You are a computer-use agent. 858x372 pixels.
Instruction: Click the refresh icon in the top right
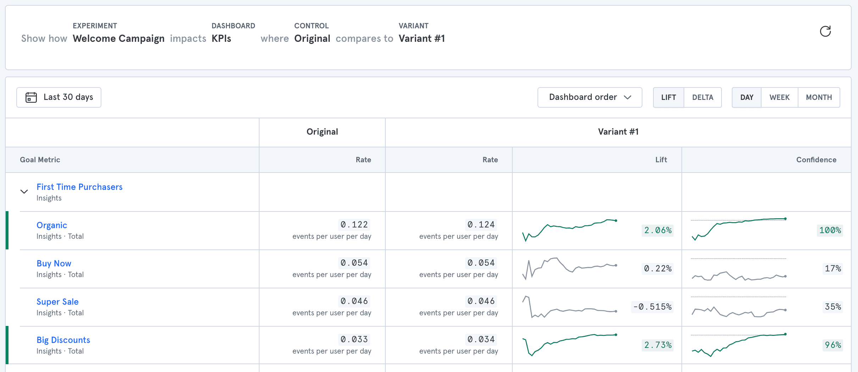tap(825, 32)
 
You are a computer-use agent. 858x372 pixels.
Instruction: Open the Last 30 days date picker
tap(59, 97)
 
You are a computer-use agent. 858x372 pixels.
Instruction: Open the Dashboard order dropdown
tap(590, 97)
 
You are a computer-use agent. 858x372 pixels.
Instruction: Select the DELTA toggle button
tap(702, 97)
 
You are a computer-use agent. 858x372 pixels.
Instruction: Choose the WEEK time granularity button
tap(779, 97)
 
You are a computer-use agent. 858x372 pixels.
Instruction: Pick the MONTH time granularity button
tap(819, 97)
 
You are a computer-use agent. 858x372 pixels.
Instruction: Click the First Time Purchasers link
tap(79, 187)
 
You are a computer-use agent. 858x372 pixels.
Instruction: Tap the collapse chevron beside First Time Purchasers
tap(24, 192)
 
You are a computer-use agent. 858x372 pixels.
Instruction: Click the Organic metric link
tap(52, 225)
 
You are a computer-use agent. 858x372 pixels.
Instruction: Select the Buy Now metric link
tap(54, 264)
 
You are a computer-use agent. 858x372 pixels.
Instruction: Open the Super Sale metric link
tap(57, 302)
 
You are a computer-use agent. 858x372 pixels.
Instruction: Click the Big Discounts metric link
tap(63, 340)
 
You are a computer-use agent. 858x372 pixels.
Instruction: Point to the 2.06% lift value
tap(658, 230)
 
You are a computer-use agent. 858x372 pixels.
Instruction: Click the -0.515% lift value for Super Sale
tap(652, 307)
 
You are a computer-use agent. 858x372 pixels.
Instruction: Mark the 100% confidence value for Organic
tap(830, 230)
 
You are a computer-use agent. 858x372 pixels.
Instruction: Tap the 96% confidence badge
tap(833, 345)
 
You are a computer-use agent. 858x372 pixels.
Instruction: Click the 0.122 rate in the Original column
tap(354, 225)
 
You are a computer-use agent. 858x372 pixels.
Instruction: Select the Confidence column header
tap(816, 160)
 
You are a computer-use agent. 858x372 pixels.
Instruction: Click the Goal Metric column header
tap(40, 160)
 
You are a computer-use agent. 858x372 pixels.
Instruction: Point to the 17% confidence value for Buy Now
tap(833, 269)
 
